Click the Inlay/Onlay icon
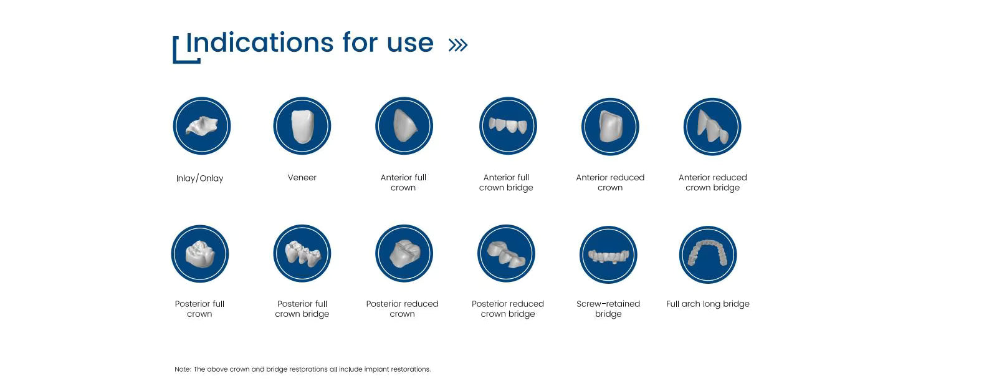(x=202, y=126)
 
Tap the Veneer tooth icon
(x=302, y=126)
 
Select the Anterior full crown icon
(x=404, y=126)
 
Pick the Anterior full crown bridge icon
(x=508, y=126)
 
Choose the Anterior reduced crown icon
(x=610, y=127)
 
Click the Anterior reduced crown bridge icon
(x=712, y=127)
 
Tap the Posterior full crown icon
(x=200, y=254)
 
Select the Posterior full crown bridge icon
(x=302, y=254)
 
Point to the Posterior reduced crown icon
(x=404, y=254)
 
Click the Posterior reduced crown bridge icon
(x=506, y=254)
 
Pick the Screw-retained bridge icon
(x=608, y=255)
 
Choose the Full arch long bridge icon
(x=708, y=255)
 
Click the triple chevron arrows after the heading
(x=458, y=45)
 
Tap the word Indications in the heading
(x=260, y=42)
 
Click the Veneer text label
(x=302, y=178)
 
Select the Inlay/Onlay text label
(x=199, y=178)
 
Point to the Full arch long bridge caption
(x=708, y=304)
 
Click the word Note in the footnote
(x=182, y=369)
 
